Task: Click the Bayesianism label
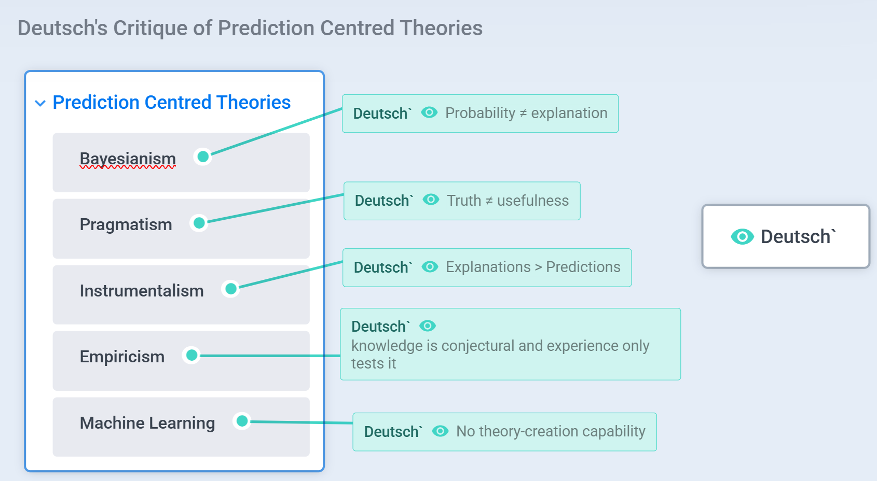(128, 159)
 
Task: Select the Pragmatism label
(126, 224)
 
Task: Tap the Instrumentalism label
(142, 291)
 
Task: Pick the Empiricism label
(122, 357)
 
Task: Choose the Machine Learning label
(147, 423)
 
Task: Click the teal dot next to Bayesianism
(203, 157)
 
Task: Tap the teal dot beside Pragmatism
(199, 223)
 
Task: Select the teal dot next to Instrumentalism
(230, 289)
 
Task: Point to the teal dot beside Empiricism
(191, 355)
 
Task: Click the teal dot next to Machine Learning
(242, 421)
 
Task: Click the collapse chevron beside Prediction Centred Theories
(40, 103)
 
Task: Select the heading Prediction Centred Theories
(171, 103)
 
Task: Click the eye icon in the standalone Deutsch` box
(742, 236)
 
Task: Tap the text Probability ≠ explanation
(526, 113)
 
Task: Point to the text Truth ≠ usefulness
(508, 201)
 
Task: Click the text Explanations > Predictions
(533, 267)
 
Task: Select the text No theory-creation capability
(551, 431)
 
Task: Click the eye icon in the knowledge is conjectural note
(428, 326)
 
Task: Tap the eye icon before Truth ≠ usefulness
(431, 200)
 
